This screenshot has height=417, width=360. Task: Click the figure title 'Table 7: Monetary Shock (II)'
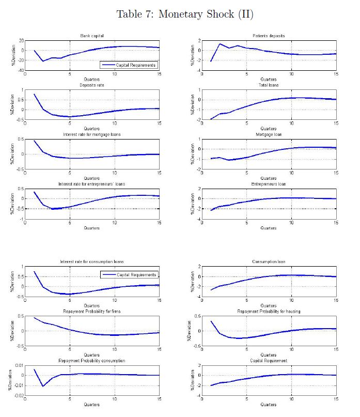point(185,14)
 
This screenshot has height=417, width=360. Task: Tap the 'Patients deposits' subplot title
point(269,36)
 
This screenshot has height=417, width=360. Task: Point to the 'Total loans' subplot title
point(269,85)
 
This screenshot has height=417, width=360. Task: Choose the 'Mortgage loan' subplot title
point(269,134)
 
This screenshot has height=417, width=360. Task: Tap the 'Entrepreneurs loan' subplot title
point(269,184)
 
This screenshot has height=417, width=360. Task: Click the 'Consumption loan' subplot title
point(269,262)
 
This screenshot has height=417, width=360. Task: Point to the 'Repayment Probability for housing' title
point(269,312)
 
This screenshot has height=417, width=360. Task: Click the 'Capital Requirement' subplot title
point(269,361)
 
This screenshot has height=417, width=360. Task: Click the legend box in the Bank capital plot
point(129,65)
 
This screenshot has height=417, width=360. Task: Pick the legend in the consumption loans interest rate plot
point(129,275)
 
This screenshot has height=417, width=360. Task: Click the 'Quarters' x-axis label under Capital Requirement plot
point(269,405)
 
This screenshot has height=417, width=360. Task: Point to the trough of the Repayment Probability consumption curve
point(43,386)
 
